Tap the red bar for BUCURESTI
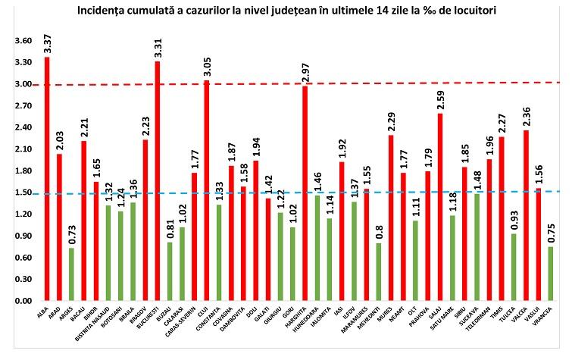point(157,181)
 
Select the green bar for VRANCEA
point(551,274)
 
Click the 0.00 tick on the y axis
point(23,302)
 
